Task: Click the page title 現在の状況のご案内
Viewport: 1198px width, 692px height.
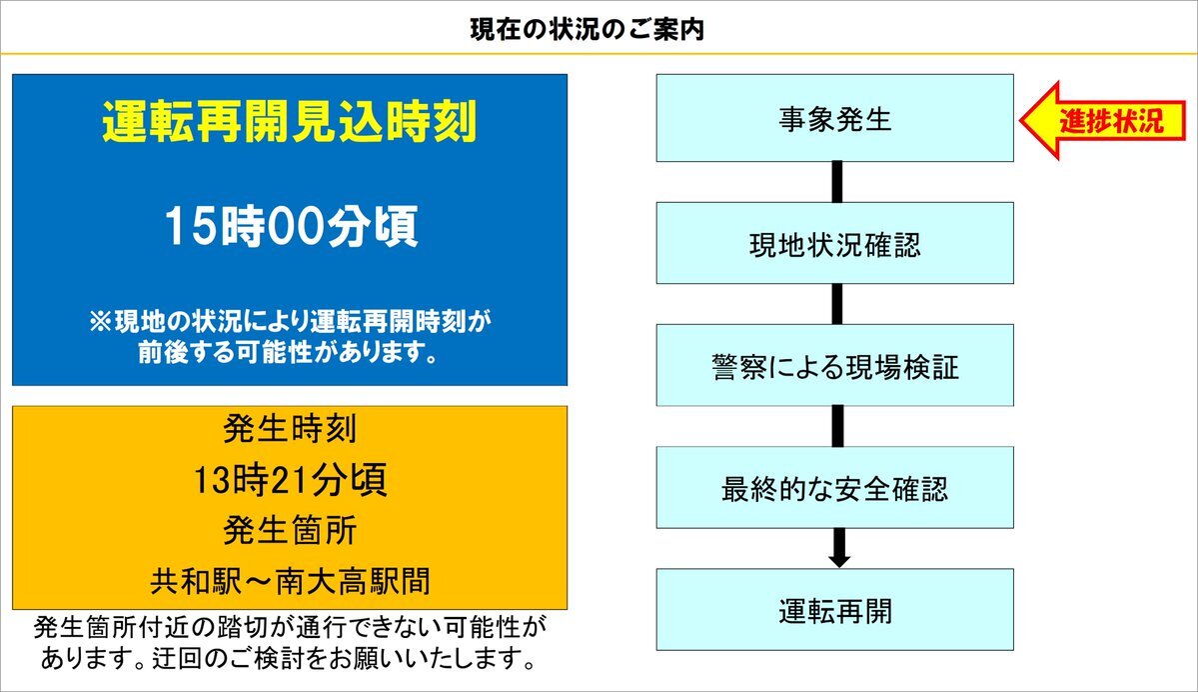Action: [587, 29]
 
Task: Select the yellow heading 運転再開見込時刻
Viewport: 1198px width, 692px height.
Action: [290, 122]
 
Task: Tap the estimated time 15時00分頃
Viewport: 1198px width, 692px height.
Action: [291, 226]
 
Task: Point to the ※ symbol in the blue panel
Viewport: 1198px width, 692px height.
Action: [100, 321]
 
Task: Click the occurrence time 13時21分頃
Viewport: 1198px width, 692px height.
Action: [290, 480]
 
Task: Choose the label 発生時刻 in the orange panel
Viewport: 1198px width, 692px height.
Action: [290, 428]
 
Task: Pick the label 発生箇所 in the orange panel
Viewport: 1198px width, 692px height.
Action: [290, 531]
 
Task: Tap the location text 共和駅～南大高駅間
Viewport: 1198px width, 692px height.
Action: [290, 581]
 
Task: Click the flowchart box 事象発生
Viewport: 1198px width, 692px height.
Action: [835, 118]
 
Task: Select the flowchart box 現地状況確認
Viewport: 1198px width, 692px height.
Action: [835, 243]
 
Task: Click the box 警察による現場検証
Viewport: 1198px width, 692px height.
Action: [835, 365]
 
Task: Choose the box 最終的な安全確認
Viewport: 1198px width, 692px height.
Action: [835, 487]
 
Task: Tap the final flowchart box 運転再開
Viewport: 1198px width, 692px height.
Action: [835, 609]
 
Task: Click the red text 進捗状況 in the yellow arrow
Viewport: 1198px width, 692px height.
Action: [1111, 121]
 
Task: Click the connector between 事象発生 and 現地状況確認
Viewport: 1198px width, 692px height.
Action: [837, 182]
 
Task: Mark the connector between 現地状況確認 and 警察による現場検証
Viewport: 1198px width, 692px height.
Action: [837, 304]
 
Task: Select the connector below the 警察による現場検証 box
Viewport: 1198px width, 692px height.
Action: [837, 426]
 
